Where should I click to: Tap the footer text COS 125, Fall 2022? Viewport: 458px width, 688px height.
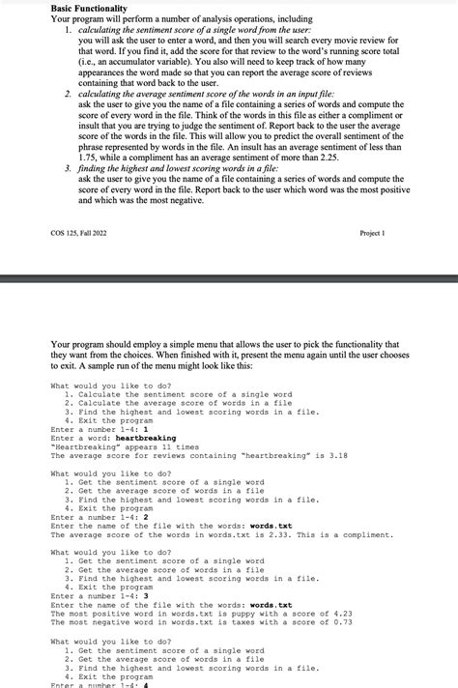(x=79, y=233)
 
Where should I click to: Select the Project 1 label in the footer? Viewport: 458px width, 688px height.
(x=372, y=233)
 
